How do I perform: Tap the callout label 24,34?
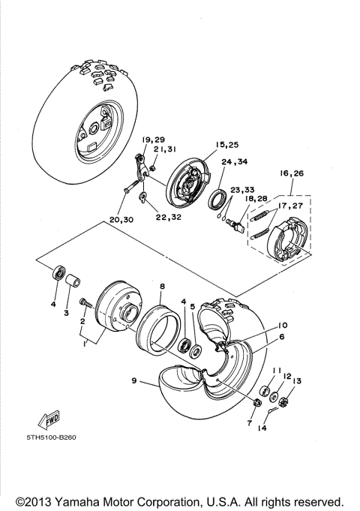(x=234, y=161)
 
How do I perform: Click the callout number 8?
(x=161, y=286)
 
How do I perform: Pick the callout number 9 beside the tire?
(x=135, y=380)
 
